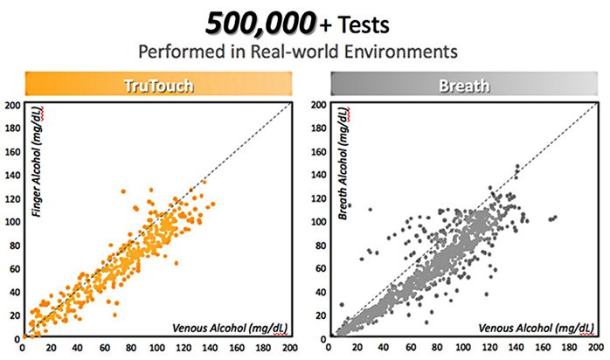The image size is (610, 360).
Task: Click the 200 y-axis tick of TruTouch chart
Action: tap(12, 105)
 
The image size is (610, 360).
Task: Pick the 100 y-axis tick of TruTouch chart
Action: tap(12, 221)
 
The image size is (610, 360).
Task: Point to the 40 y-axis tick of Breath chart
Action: tap(320, 291)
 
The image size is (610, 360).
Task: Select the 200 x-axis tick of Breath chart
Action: tap(598, 348)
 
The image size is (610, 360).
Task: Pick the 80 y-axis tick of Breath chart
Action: tap(320, 245)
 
